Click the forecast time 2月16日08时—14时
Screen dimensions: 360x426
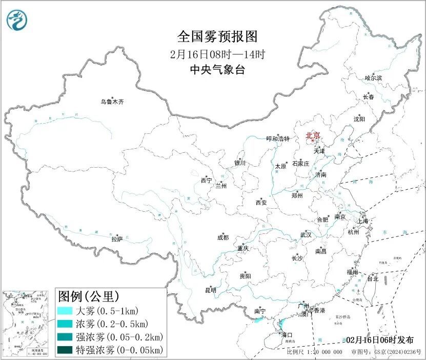pos(216,54)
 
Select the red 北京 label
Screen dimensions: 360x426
pos(313,135)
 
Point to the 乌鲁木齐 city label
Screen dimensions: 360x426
pos(112,102)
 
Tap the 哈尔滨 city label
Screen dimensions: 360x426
pos(373,78)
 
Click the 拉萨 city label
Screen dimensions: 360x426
pos(117,238)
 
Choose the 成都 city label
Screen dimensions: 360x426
pos(223,237)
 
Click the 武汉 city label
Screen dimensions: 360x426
pos(306,234)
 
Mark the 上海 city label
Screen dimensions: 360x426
pos(363,221)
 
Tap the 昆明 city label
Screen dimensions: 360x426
pos(211,290)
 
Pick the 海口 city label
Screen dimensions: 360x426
pos(287,334)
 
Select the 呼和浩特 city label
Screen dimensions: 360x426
pos(278,139)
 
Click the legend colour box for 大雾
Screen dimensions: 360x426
pos(65,311)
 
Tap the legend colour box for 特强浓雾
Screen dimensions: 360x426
pos(65,350)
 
